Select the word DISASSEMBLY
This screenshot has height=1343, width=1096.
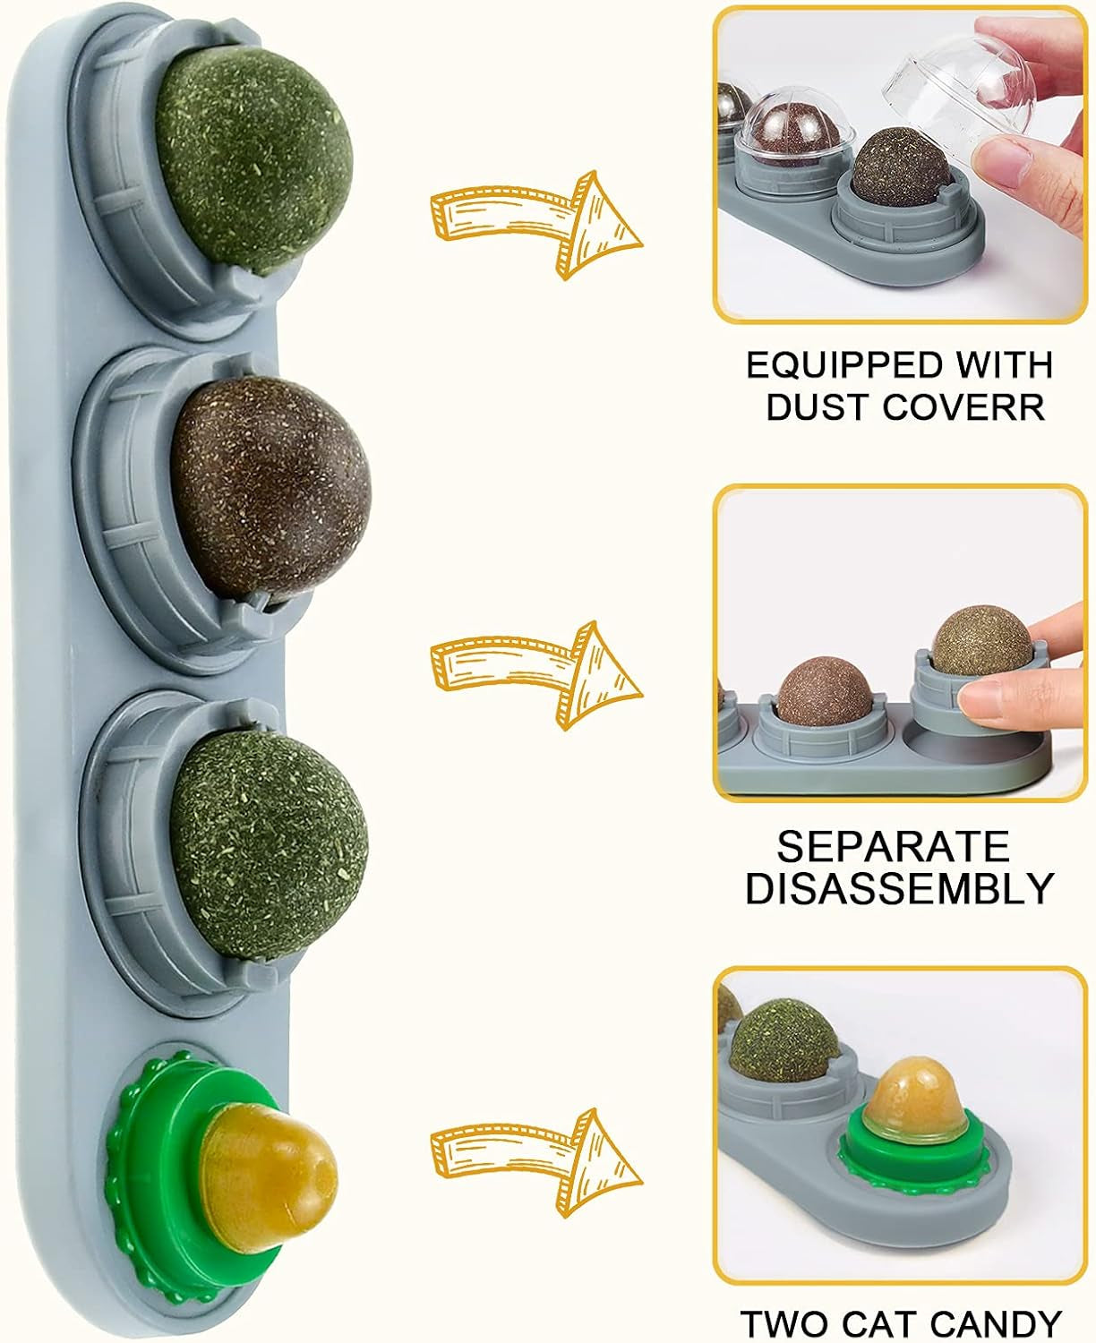(x=900, y=888)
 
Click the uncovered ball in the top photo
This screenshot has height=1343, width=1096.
(x=897, y=166)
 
